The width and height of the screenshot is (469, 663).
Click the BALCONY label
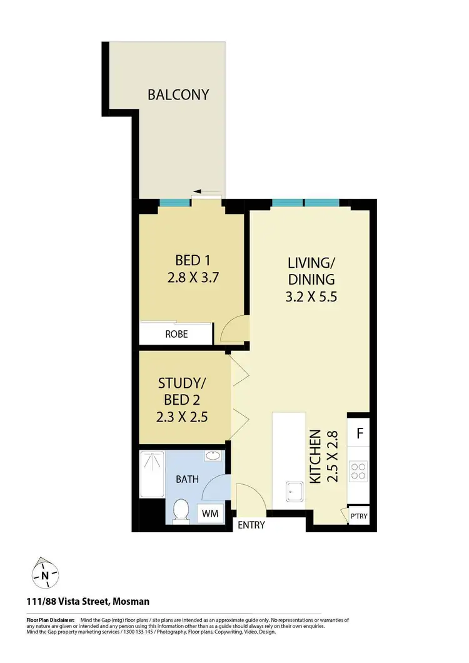point(178,95)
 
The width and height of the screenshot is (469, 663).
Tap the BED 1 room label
point(192,260)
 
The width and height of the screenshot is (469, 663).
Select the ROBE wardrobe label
point(176,334)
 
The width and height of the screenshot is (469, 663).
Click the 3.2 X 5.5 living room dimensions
point(312,297)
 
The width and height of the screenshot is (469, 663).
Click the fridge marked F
point(360,433)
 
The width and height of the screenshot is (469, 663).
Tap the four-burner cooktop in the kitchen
point(360,470)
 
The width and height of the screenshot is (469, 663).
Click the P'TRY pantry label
point(359,517)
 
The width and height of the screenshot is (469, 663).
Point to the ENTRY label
point(251,525)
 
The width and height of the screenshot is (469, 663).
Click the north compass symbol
point(45,573)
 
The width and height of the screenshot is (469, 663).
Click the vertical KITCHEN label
point(315,457)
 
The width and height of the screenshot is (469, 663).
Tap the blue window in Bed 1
point(174,203)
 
